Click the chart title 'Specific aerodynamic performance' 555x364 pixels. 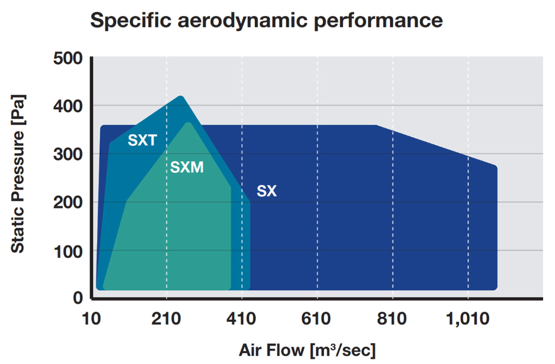point(266,20)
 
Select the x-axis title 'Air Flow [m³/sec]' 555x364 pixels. point(307,349)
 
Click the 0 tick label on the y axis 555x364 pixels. point(78,298)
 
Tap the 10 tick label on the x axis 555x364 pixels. point(91,319)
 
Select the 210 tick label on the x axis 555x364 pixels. point(167,319)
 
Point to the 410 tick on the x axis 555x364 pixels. point(242,319)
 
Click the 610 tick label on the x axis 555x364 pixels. point(317,319)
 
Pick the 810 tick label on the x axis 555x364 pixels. point(392,319)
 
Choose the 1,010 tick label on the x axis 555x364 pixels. point(467,319)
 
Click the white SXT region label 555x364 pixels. point(142,141)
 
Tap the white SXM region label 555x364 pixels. point(187,168)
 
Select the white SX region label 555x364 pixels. point(266,192)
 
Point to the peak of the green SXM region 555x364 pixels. point(189,123)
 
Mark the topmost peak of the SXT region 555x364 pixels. point(180,96)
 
